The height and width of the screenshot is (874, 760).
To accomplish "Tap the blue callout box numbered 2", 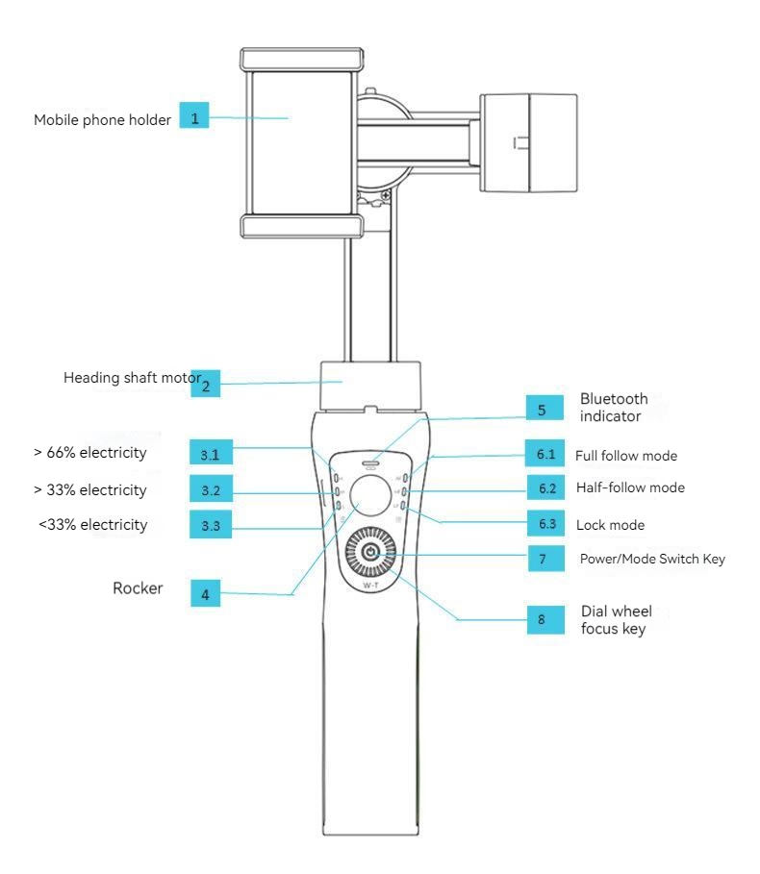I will pos(205,386).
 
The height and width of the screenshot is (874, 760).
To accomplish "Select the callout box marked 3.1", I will pos(211,453).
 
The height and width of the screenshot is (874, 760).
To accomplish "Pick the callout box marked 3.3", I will pos(211,526).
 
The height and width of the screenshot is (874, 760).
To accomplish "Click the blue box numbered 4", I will pos(204,594).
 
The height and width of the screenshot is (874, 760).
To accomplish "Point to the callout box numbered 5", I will pos(542,410).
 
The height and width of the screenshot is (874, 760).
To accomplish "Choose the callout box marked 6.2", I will pos(547,487).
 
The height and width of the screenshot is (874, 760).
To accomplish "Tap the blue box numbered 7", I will pos(543,559).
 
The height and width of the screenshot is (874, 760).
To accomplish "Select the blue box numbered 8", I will pos(541,620).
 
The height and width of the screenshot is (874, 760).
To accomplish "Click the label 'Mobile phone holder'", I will pos(102,120).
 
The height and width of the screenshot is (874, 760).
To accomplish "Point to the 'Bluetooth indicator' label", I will pos(614,407).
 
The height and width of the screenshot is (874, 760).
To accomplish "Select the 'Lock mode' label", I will pos(610,525).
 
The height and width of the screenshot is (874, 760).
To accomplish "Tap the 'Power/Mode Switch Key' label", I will pos(652,559).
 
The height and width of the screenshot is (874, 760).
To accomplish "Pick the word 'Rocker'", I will pos(138,588).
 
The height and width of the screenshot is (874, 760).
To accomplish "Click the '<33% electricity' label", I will pos(93,525).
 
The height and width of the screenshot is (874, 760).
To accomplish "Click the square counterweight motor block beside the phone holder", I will pos(528,141).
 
